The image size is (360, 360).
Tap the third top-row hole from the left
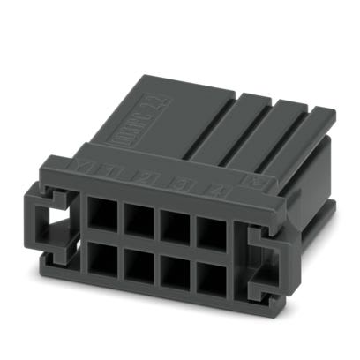coord(173,220)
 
